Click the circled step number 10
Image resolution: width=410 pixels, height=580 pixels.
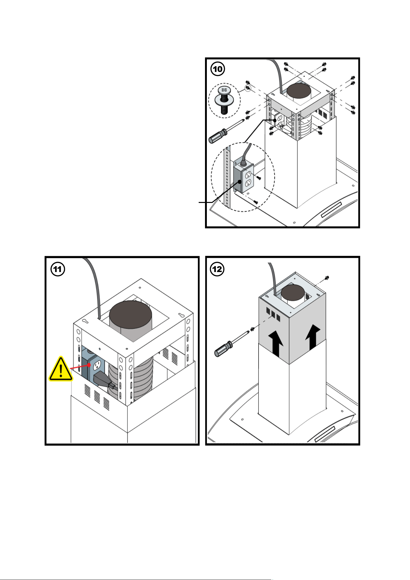[218, 69]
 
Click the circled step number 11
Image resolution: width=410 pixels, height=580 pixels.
[58, 269]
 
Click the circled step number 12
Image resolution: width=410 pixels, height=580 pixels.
[217, 269]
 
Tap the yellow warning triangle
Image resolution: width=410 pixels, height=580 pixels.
[61, 369]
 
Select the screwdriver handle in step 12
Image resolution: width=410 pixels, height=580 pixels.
[223, 349]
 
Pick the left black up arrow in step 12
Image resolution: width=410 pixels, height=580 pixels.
[276, 343]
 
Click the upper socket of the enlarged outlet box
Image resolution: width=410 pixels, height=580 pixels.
[248, 175]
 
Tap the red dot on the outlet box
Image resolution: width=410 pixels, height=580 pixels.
[89, 365]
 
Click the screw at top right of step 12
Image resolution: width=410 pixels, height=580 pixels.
[328, 277]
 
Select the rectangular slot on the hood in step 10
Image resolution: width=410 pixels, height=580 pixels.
[331, 210]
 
